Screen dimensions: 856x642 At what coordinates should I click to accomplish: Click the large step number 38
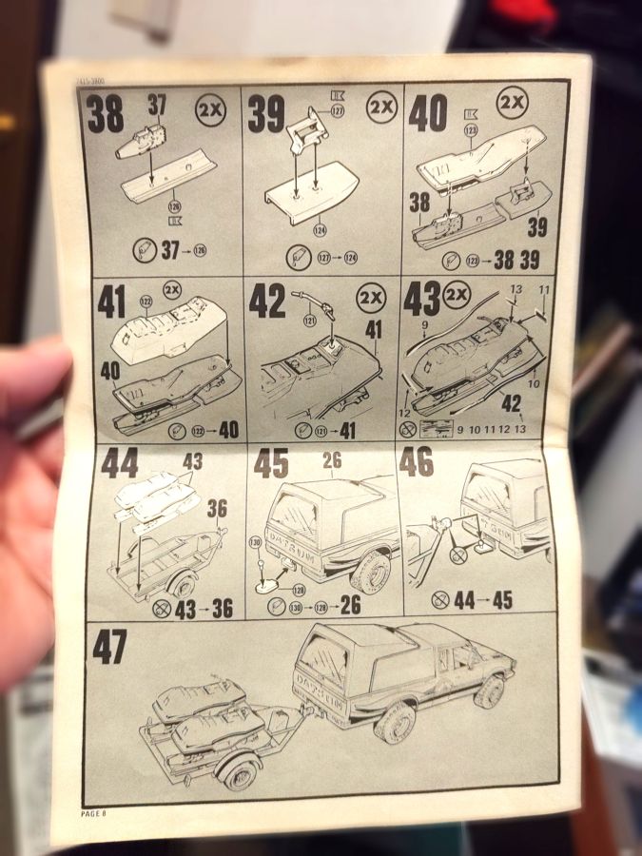[x=106, y=115]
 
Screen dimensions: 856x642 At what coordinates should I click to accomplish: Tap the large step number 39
[x=267, y=114]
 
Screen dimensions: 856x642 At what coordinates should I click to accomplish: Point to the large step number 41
[x=112, y=302]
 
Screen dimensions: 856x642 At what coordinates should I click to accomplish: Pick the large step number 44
[x=120, y=464]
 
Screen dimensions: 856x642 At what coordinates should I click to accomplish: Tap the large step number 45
[x=271, y=463]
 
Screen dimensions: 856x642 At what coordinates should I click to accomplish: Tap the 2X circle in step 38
[x=212, y=109]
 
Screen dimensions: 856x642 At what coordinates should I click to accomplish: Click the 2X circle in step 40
[x=512, y=102]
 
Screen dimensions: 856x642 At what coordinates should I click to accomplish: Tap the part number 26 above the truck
[x=332, y=459]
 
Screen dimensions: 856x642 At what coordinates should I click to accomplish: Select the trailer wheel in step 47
[x=235, y=768]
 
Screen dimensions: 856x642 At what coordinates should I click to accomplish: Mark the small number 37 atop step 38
[x=156, y=105]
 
